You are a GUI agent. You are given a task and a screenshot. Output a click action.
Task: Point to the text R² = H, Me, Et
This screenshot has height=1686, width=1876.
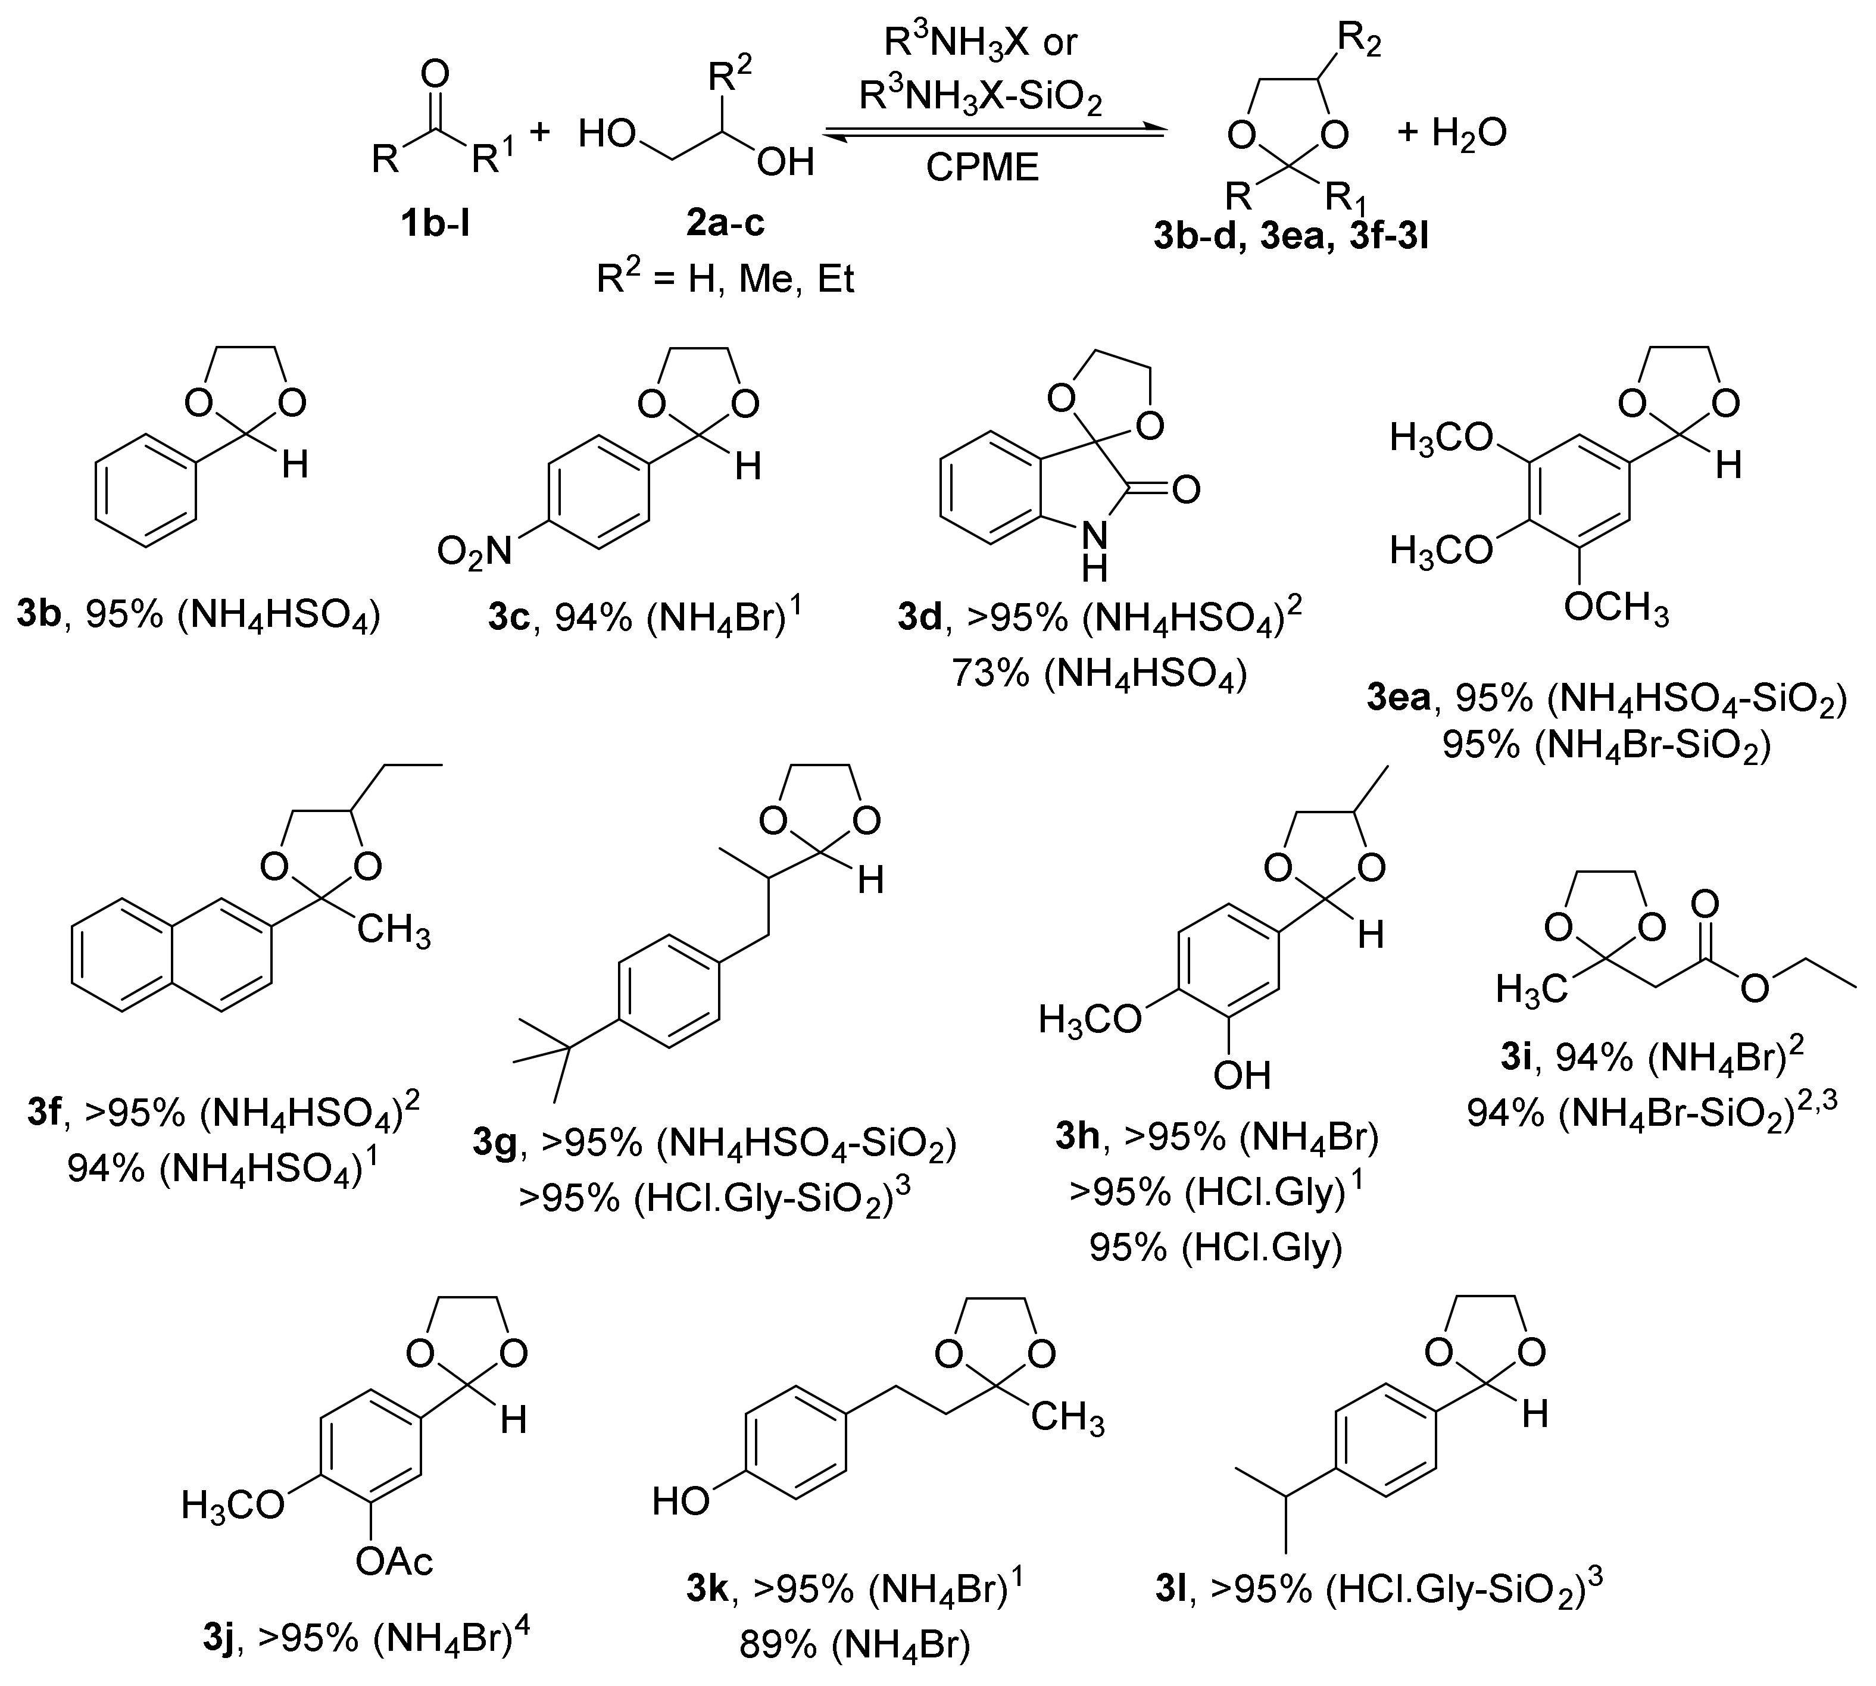click(x=725, y=278)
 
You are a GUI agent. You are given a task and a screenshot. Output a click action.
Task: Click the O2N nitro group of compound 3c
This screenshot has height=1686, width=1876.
click(x=475, y=553)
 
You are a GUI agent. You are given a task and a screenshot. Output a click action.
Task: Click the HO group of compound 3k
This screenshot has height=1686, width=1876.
click(x=681, y=1501)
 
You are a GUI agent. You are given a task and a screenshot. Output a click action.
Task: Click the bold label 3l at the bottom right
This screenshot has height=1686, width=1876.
click(x=1176, y=1590)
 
